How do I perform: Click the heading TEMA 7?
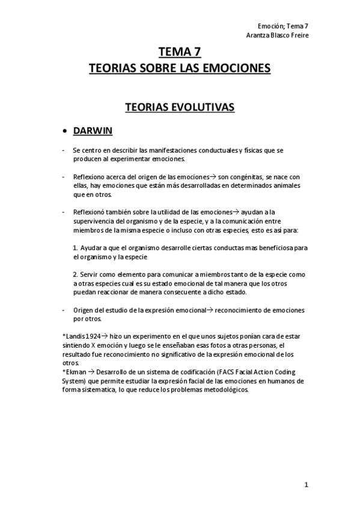180,52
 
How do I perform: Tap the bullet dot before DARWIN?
65,131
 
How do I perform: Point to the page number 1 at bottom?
306,485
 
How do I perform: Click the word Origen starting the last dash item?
83,310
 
